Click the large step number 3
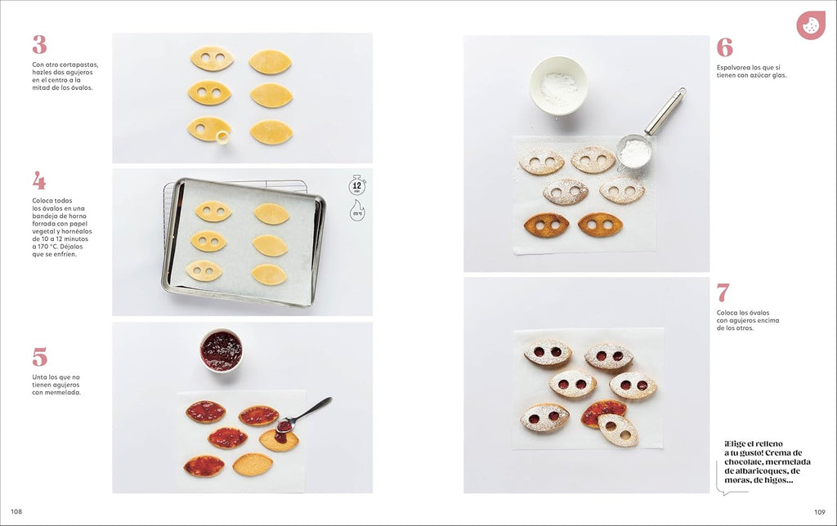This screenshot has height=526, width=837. [39, 45]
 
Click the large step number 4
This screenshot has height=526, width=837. [39, 181]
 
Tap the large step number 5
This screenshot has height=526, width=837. [39, 357]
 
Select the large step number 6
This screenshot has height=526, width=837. [724, 47]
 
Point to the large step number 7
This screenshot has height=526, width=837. [723, 292]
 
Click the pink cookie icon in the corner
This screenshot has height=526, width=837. [810, 25]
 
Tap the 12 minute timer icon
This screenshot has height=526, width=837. [357, 185]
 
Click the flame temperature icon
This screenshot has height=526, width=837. [357, 211]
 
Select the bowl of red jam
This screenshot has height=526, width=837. [221, 350]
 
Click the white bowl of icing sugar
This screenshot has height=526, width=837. [558, 84]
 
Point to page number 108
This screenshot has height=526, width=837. [16, 512]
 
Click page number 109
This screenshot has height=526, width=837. [820, 512]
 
